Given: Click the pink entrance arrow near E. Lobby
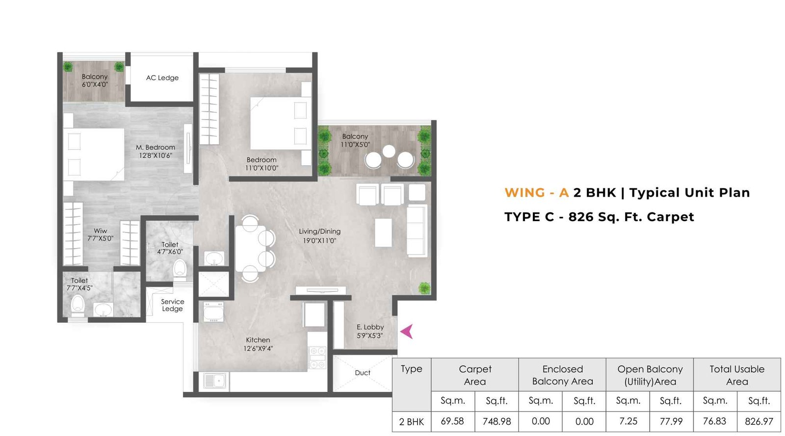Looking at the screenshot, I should pos(407,332).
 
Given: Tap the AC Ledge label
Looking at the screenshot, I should pos(162,77).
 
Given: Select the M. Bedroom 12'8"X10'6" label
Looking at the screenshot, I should pos(156,151).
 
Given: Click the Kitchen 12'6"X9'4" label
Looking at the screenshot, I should pos(258,344).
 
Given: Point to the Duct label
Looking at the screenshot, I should pos(363,373).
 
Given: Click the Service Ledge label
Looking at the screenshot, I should pos(172,305).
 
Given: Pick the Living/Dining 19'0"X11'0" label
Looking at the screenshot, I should pos(319,236).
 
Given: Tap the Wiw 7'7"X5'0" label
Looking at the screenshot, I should pos(100,234).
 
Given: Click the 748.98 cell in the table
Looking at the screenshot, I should pos(497,421).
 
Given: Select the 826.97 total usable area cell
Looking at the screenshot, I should pos(759,421).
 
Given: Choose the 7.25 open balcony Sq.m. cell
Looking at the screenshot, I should pos(628,421).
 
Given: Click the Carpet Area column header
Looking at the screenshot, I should pos(474,375).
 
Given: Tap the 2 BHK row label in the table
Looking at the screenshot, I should pos(411,422).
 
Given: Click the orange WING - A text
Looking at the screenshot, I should pos(536,193).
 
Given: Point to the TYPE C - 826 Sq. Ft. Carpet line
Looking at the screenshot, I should pos(599,217).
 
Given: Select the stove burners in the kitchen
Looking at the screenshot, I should pos(317,358).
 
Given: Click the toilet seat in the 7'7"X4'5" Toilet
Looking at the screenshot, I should pos(78,305).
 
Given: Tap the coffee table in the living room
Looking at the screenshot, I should pos(383,232).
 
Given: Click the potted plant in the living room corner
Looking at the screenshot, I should pos(424,288).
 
